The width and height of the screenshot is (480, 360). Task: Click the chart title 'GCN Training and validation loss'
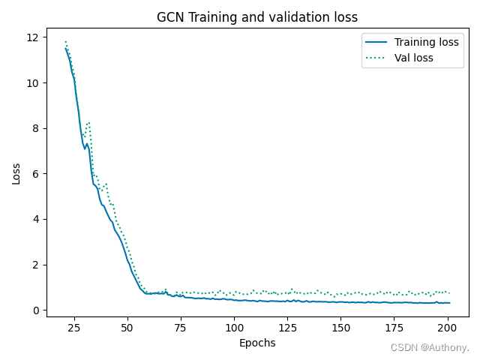coord(257,17)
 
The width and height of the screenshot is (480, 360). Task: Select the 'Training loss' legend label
coord(426,42)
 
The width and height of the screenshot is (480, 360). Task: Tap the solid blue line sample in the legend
coord(376,42)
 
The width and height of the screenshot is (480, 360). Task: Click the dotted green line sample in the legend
coord(376,58)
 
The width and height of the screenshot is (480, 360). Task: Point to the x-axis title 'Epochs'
coord(257,343)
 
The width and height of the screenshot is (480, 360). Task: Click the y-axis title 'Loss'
coord(16,173)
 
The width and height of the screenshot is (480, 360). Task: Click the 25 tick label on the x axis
coord(73,328)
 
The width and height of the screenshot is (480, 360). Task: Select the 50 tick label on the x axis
coord(127,328)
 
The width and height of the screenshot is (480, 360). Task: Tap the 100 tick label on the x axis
coord(234,328)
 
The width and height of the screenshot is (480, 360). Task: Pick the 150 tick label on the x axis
coord(341,328)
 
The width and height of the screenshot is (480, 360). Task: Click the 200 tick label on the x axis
coord(448,328)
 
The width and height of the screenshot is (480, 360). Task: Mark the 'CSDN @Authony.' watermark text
coord(430,348)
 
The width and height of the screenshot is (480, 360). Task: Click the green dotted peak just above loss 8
coord(88,122)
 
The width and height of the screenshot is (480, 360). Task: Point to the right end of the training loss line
coord(449,303)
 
